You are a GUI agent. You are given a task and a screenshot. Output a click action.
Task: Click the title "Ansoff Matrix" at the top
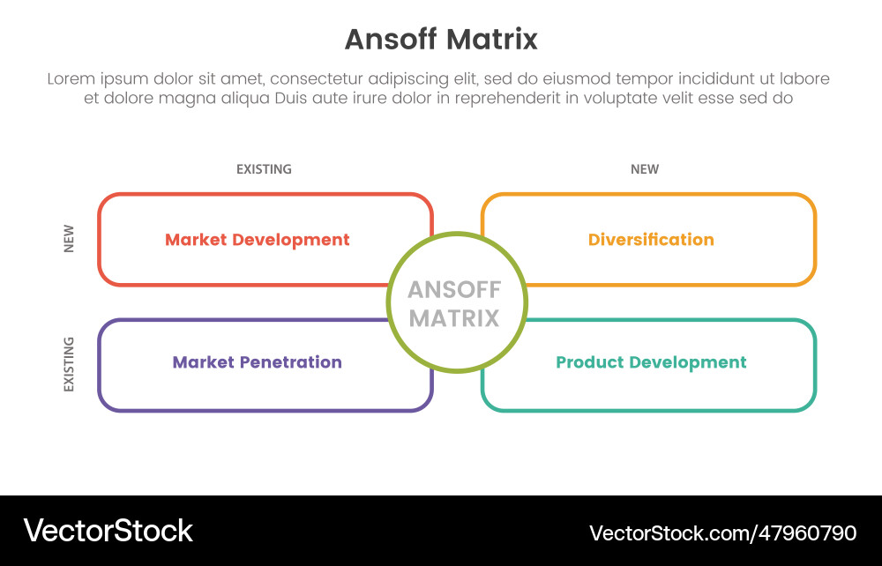440,40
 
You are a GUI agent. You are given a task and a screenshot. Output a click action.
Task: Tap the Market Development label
257,240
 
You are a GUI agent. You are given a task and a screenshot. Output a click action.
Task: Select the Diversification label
651,240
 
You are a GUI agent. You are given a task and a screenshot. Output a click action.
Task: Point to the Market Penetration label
257,362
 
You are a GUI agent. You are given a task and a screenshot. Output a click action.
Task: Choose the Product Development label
651,362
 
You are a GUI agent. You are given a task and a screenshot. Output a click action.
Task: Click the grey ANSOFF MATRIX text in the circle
455,303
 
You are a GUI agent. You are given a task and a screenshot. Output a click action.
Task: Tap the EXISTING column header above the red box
264,169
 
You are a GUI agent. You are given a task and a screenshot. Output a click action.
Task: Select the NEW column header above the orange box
645,169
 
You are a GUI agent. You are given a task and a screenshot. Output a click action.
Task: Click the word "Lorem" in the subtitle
71,79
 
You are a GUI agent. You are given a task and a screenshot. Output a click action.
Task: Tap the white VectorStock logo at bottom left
108,531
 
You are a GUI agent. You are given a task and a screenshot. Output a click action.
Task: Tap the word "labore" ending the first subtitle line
805,79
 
